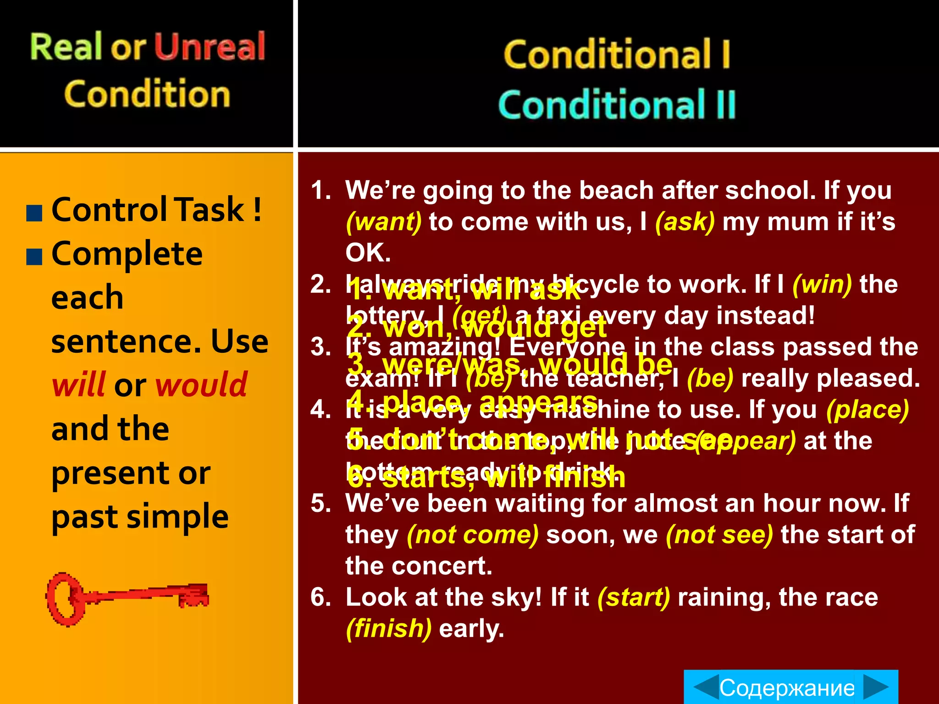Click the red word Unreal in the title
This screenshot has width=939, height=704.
coord(210,47)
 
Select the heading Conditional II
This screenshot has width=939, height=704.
coord(617,104)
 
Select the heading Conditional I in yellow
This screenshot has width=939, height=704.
coord(617,54)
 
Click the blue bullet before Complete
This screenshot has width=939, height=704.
coord(34,257)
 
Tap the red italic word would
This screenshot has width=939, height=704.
coord(202,385)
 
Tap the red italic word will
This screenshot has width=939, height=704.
coord(79,385)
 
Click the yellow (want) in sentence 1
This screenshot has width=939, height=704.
coord(383,222)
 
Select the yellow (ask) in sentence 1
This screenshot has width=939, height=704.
coord(685,222)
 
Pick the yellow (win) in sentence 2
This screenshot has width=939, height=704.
coord(822,285)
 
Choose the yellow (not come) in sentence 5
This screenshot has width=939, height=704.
coord(473,535)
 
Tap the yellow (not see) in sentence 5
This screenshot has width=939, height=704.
coord(719,535)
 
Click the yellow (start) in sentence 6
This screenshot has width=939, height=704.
coord(634,598)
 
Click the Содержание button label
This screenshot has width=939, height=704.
coord(787,688)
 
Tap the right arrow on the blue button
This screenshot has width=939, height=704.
coord(876,687)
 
